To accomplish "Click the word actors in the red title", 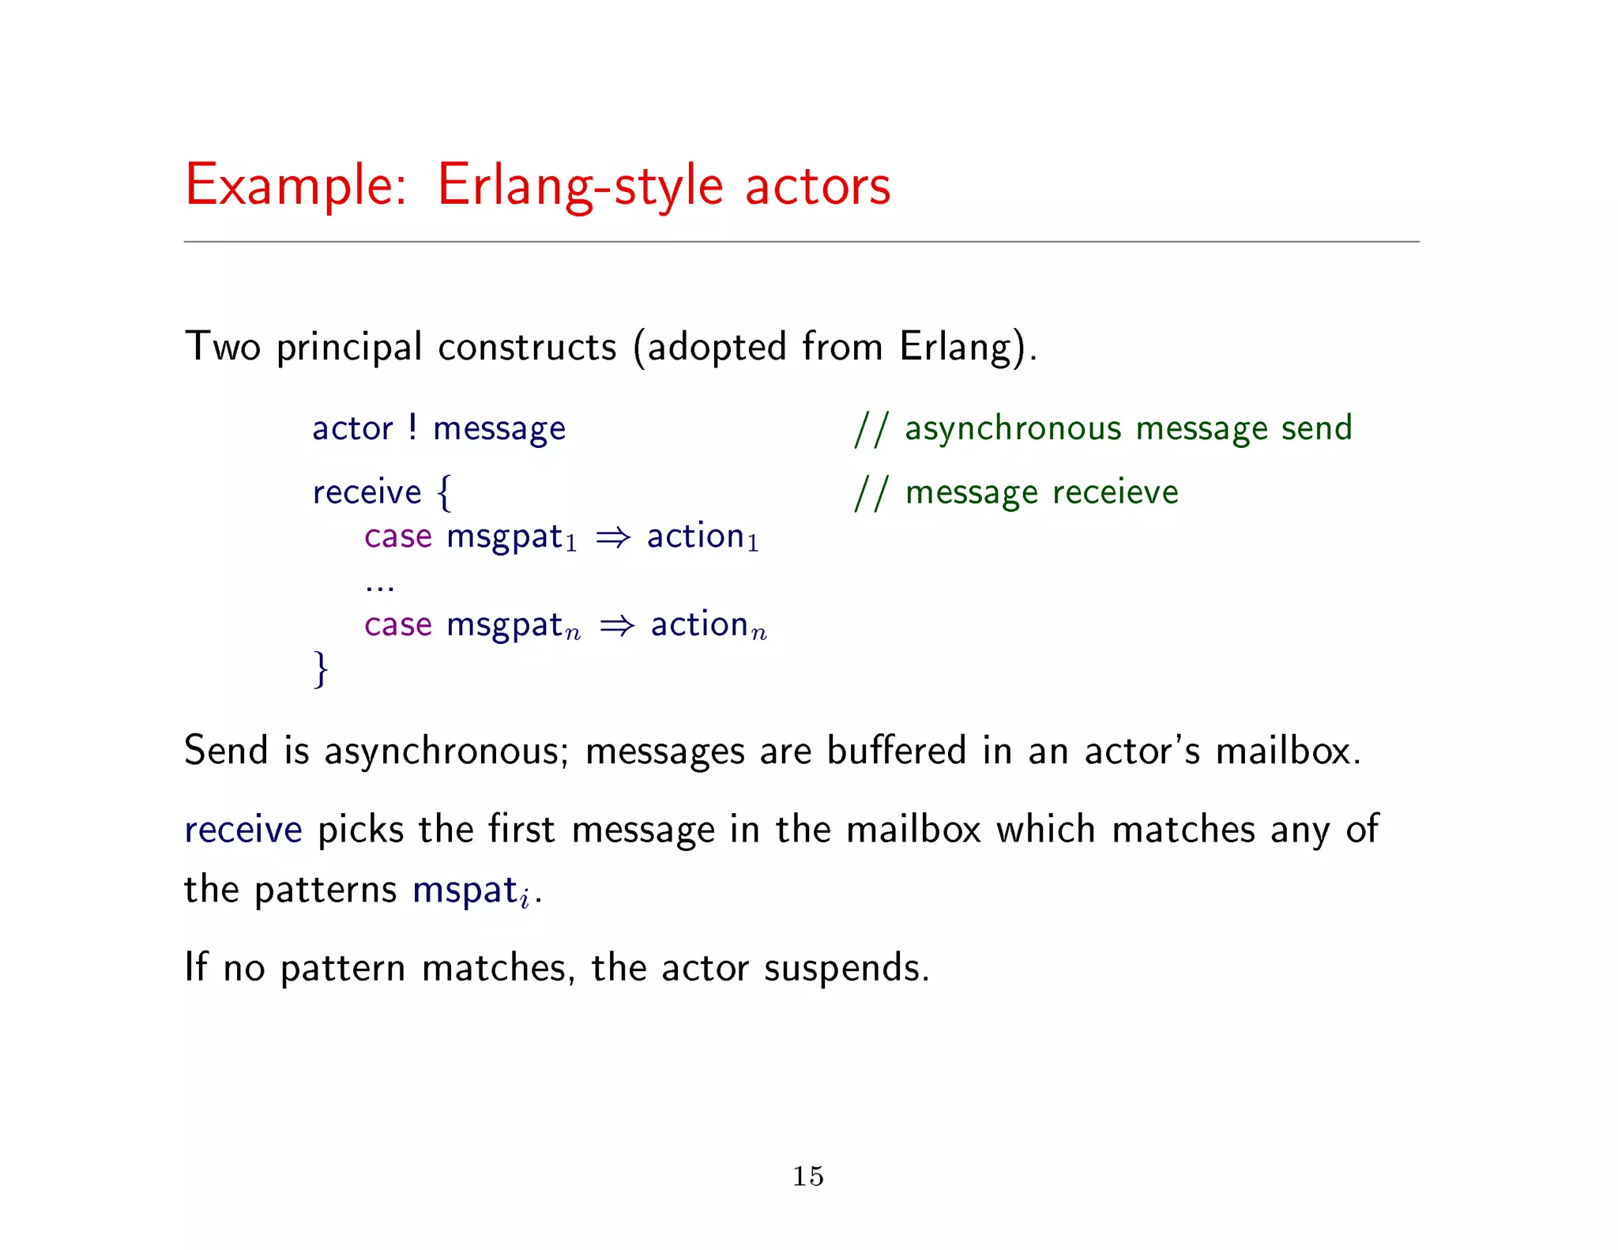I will (818, 186).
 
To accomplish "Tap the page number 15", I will (808, 1176).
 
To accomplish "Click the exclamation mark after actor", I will (412, 427).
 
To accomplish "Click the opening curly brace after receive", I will (445, 492).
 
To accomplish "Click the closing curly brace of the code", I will (321, 668).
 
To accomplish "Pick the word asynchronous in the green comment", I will (1012, 428).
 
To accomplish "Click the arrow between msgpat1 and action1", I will (613, 537).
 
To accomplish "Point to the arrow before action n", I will (617, 626).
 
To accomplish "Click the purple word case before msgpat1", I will (397, 537).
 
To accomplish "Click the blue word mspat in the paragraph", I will (465, 890).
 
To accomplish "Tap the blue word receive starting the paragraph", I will (243, 830).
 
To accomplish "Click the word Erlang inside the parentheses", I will (954, 347).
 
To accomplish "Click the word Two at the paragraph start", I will (222, 347).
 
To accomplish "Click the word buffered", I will (896, 751).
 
